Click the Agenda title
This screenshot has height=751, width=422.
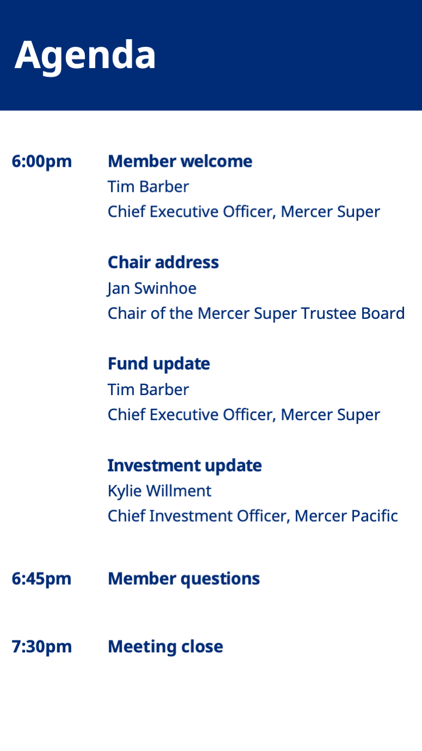coord(85,56)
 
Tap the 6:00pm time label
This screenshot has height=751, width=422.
coord(42,162)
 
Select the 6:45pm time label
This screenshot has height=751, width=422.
coord(41,579)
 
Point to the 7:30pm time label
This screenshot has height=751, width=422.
coord(42,647)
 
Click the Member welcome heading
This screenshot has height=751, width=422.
coord(180,161)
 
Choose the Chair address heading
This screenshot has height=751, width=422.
coord(163,262)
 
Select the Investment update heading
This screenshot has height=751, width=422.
coord(185,466)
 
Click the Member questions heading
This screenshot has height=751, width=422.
coord(184,579)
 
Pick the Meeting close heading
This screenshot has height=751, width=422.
coord(166,647)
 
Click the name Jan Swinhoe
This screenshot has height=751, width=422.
coord(151,289)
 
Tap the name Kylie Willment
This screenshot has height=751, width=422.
coord(160,492)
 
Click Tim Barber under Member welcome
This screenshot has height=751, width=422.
coord(148,187)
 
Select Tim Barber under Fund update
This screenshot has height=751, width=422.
coord(148,390)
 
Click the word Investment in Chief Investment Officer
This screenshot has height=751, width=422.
coord(191,516)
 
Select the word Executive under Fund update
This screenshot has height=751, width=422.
coord(184,415)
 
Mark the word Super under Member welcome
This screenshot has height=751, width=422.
coord(358,213)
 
